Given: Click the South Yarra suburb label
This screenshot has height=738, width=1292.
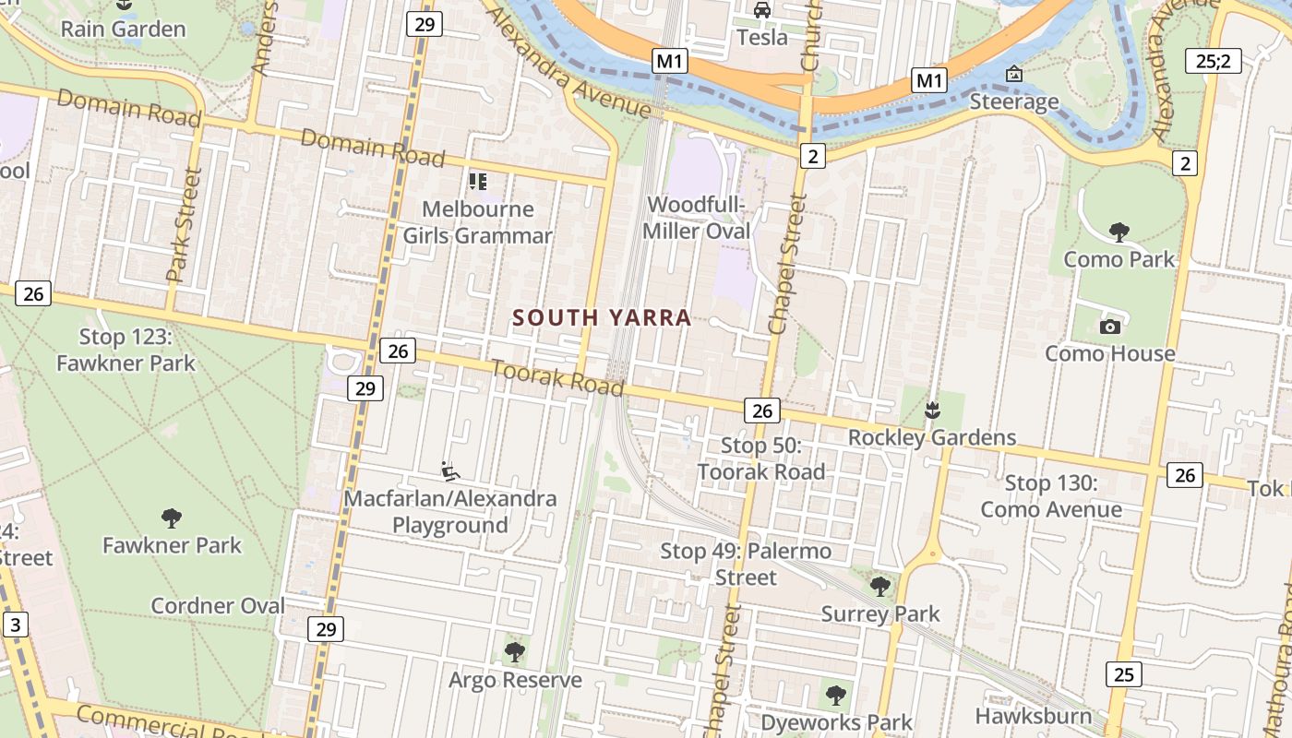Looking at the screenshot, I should pyautogui.click(x=602, y=318).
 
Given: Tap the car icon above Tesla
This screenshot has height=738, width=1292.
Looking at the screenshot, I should pyautogui.click(x=762, y=10).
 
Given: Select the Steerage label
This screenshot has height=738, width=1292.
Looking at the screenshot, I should pyautogui.click(x=1014, y=101).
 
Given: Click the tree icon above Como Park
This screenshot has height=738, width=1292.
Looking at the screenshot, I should pyautogui.click(x=1119, y=232).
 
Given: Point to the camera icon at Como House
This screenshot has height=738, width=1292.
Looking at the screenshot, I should pyautogui.click(x=1110, y=327).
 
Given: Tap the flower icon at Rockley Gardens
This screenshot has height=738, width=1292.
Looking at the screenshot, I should pyautogui.click(x=932, y=409).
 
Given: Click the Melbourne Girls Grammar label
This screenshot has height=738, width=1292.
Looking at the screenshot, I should pyautogui.click(x=477, y=222).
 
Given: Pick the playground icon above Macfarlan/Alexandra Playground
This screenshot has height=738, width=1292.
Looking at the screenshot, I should pyautogui.click(x=450, y=471).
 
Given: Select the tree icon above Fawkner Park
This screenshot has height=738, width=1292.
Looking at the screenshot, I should pyautogui.click(x=172, y=518).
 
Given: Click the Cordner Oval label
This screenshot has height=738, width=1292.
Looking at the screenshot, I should pyautogui.click(x=218, y=606).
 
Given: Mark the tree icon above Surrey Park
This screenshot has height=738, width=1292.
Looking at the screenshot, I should pyautogui.click(x=880, y=586).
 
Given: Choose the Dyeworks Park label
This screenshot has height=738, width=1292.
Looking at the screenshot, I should pyautogui.click(x=836, y=722).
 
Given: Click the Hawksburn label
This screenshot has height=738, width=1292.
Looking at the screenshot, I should pyautogui.click(x=1033, y=716).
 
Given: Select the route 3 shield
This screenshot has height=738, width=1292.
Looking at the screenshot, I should pyautogui.click(x=14, y=625).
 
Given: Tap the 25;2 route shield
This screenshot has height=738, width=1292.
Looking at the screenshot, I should pyautogui.click(x=1213, y=61).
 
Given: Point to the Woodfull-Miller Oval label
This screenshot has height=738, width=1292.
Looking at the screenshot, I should pyautogui.click(x=697, y=218).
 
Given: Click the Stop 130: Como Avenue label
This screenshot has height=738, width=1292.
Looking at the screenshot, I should pyautogui.click(x=1051, y=496).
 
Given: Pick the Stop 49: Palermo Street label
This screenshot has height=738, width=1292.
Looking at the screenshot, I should pyautogui.click(x=746, y=565).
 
